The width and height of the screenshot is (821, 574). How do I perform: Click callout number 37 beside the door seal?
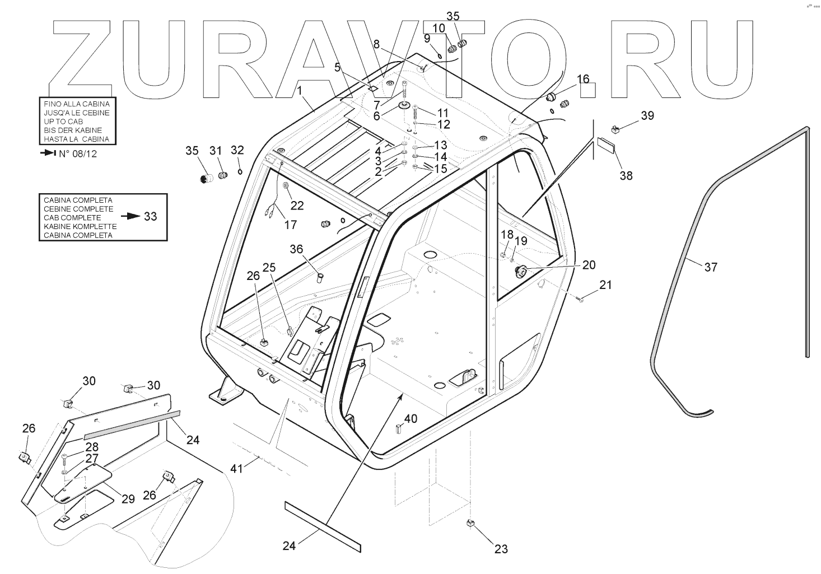coord(711,267)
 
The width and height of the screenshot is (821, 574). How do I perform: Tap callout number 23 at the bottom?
coord(501,549)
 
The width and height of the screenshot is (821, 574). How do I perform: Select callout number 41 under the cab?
coord(237,468)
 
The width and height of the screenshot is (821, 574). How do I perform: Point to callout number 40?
coord(410,418)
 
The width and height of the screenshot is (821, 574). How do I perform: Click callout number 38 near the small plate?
coord(626,175)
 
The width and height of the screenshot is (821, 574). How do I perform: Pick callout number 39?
coord(647,115)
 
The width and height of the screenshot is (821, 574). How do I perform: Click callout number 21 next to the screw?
coord(605,285)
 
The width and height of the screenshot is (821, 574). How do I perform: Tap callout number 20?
coord(589,264)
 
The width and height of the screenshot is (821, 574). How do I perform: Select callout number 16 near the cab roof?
coord(583,78)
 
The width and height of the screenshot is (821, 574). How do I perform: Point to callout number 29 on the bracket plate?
coord(128,498)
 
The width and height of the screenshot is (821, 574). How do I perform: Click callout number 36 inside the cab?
coord(296,249)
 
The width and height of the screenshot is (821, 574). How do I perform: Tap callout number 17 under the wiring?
coord(290,225)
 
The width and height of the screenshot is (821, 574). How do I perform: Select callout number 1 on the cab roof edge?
coord(300,90)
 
